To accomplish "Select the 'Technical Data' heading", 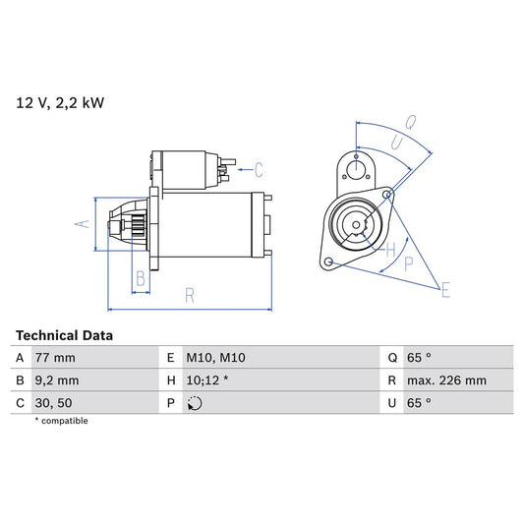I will pos(64,335).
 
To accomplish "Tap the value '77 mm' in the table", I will pos(56,357).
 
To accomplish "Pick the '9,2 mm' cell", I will pos(58,380).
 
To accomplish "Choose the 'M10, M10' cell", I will pos(214,357).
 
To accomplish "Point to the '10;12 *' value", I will pos(209,380).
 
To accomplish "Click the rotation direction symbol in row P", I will pos(195,403).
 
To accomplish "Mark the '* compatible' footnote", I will pos(62,421).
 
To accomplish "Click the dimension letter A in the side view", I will pos(84,224).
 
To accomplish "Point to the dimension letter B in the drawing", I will pos(141,279).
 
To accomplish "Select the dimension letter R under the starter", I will pos(189,294).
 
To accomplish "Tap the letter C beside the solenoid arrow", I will pos(259,167).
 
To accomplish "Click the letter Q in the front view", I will pos(410,124).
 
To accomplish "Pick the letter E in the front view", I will pos(444,289).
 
